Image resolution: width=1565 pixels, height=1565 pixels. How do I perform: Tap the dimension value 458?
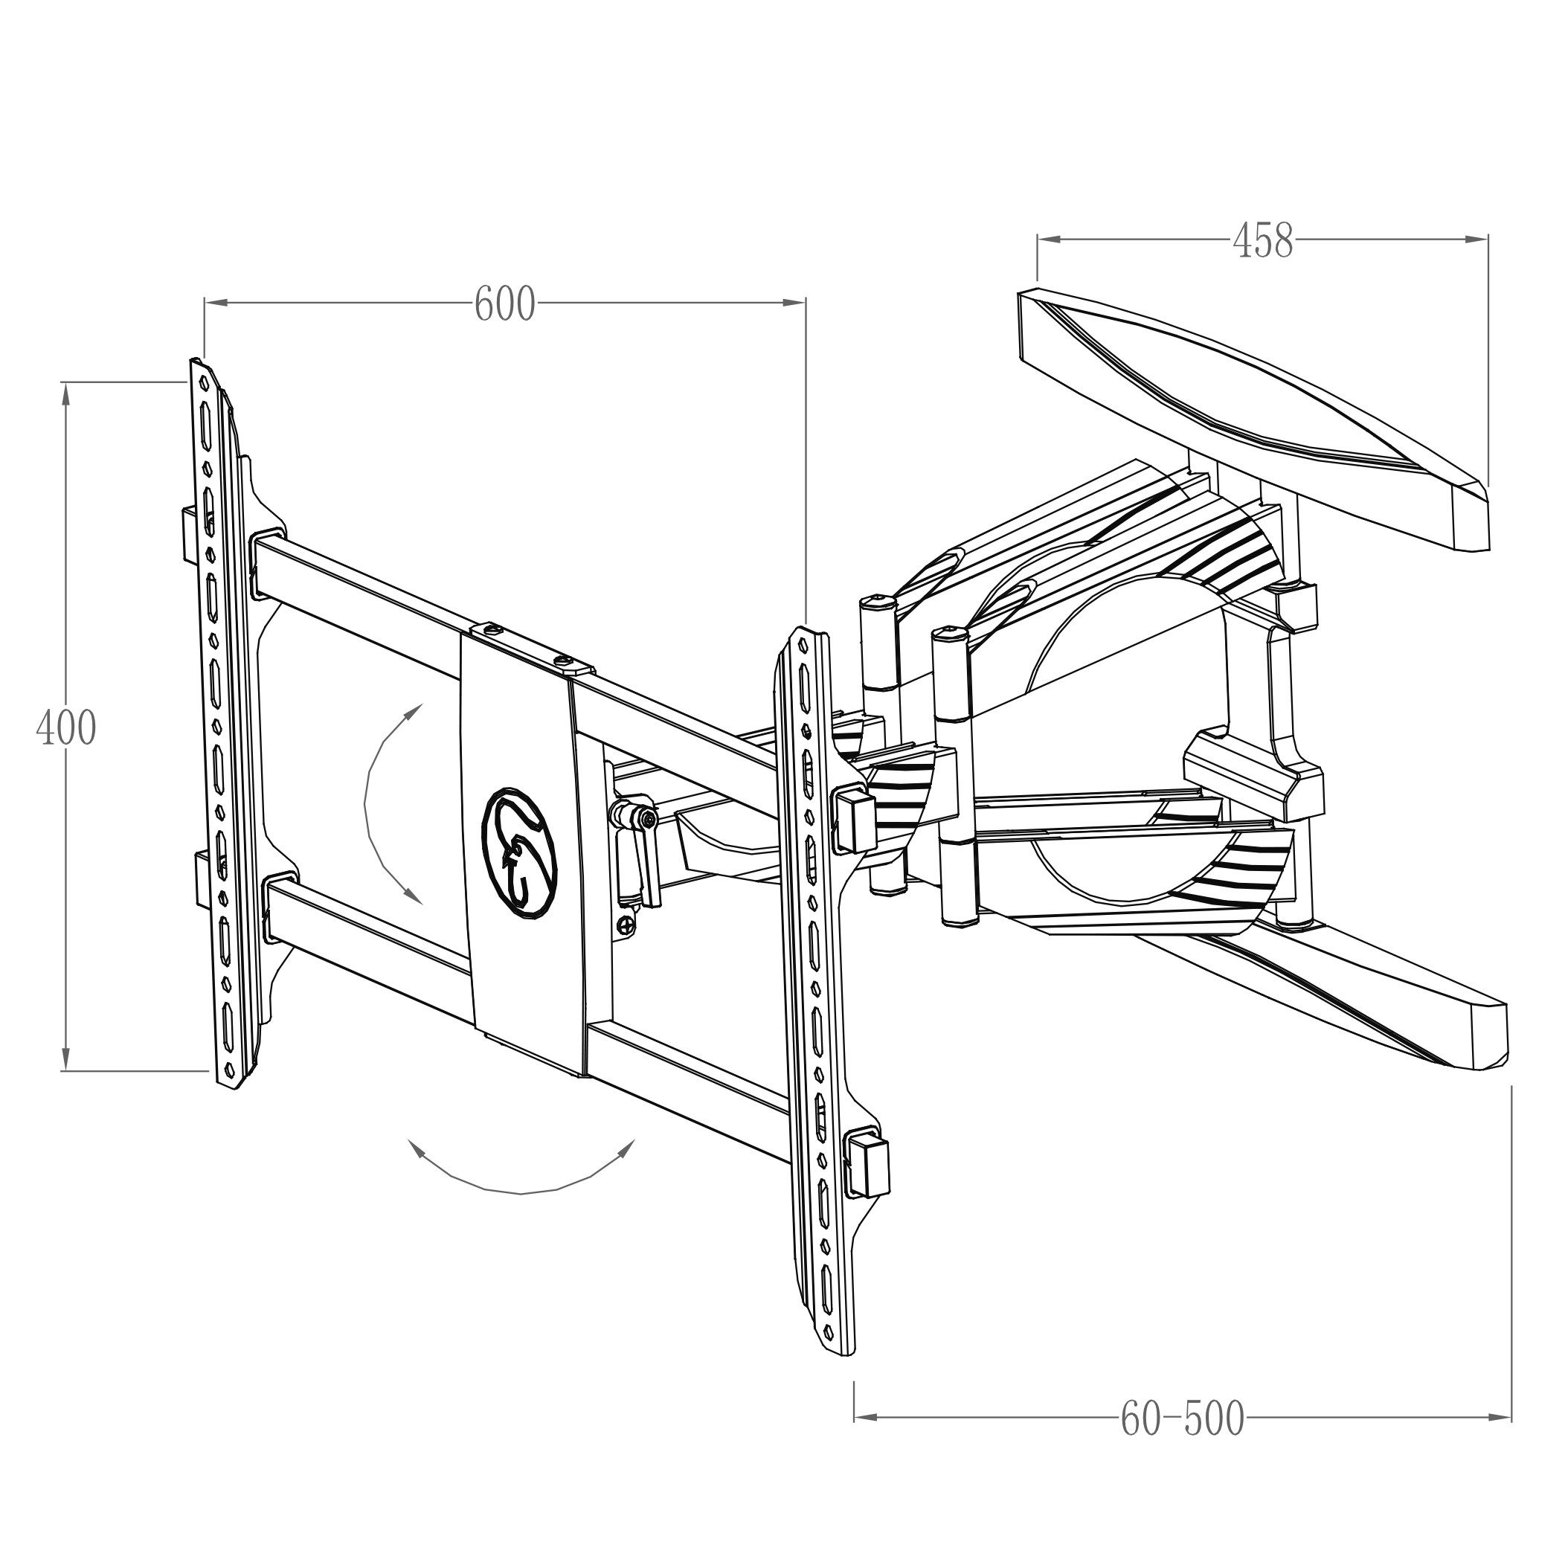(x=1263, y=240)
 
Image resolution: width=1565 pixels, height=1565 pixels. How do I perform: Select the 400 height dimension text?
(x=66, y=727)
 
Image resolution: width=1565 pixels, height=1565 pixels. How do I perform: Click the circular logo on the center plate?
(x=520, y=852)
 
